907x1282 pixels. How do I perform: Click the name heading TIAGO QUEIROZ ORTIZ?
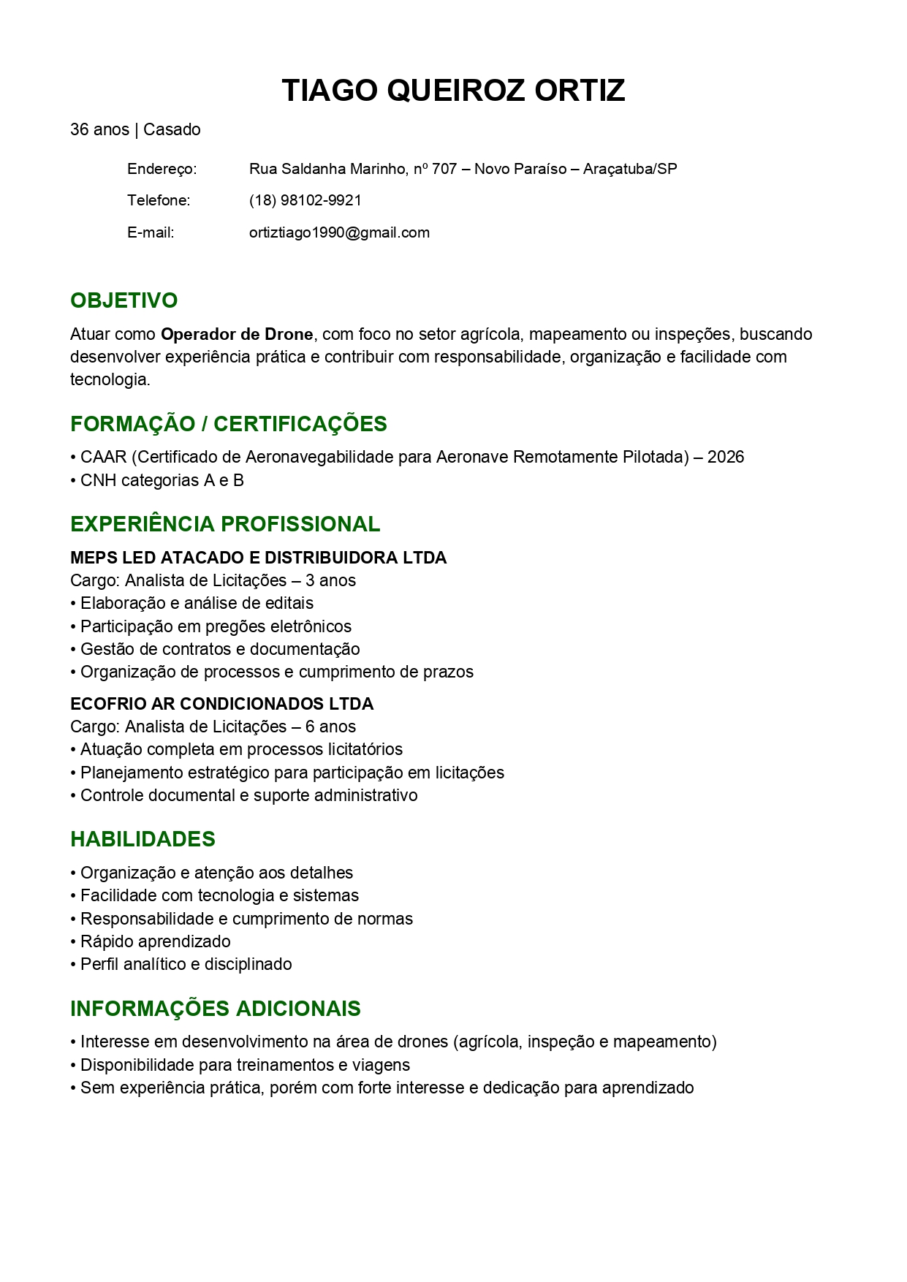tap(453, 91)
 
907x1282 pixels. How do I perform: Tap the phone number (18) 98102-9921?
tap(305, 200)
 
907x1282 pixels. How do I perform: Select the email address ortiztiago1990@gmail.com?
tap(339, 232)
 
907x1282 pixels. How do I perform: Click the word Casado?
tap(172, 129)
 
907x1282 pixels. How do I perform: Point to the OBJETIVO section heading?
tap(124, 300)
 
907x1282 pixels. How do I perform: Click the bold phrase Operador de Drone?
tap(237, 334)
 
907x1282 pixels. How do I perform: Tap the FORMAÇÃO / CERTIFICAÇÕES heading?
tap(228, 424)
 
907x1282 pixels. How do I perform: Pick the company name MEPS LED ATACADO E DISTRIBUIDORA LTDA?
tap(258, 558)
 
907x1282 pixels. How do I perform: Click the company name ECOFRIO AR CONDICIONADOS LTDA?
tap(221, 704)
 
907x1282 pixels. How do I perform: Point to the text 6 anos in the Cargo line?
tap(330, 727)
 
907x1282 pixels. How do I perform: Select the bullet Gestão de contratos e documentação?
tap(219, 649)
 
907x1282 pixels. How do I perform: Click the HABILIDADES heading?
tap(143, 839)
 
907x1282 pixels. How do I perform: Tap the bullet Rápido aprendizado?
tap(155, 941)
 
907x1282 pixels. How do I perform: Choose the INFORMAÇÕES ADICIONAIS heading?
tap(215, 1009)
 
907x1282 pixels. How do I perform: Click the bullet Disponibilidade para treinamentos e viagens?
tap(245, 1065)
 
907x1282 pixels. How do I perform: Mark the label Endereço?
tap(162, 169)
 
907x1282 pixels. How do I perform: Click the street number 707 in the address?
tap(444, 169)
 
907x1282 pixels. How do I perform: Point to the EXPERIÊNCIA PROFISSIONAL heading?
tap(225, 524)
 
